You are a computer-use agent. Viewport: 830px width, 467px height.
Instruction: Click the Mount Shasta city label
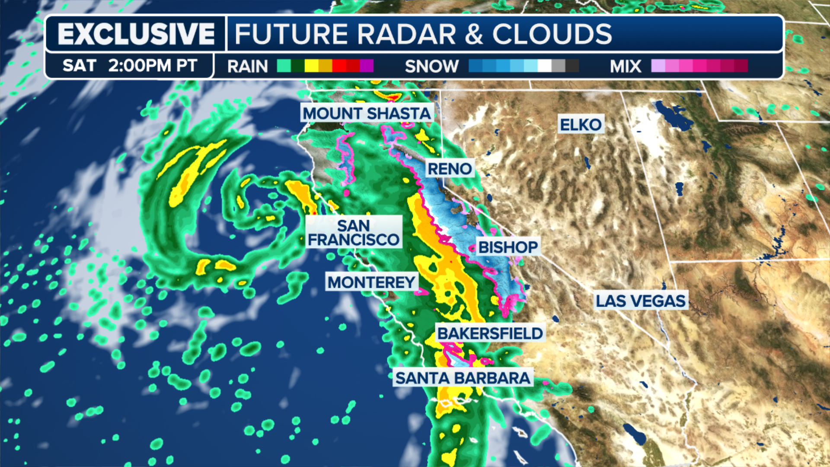click(367, 113)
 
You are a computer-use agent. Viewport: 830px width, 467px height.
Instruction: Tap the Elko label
click(581, 125)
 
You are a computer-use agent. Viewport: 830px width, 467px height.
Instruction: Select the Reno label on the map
click(450, 169)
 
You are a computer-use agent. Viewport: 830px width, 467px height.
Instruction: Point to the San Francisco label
click(354, 232)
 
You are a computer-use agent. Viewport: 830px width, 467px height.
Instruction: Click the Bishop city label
click(508, 247)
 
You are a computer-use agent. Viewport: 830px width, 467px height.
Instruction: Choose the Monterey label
click(371, 282)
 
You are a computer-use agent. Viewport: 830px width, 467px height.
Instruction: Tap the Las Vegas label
click(641, 301)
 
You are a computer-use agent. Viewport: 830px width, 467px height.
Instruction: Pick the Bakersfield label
click(490, 333)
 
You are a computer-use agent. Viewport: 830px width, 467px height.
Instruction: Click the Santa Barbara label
click(463, 378)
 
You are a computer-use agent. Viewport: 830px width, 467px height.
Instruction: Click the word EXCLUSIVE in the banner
click(136, 34)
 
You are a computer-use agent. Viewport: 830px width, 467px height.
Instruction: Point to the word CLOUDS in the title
click(552, 34)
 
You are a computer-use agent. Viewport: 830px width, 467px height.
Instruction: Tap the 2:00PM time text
click(139, 66)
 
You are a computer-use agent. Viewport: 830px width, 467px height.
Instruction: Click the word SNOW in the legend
click(431, 66)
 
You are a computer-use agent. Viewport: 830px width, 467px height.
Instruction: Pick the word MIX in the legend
click(625, 66)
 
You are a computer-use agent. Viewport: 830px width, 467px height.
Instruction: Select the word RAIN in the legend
click(247, 66)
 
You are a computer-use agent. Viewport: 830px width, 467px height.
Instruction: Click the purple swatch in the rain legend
click(367, 66)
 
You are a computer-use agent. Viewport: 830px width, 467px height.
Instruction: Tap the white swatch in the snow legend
click(544, 66)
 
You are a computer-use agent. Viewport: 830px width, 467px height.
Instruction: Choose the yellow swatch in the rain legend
click(311, 66)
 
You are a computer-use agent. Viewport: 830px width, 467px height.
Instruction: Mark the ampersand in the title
click(474, 34)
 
